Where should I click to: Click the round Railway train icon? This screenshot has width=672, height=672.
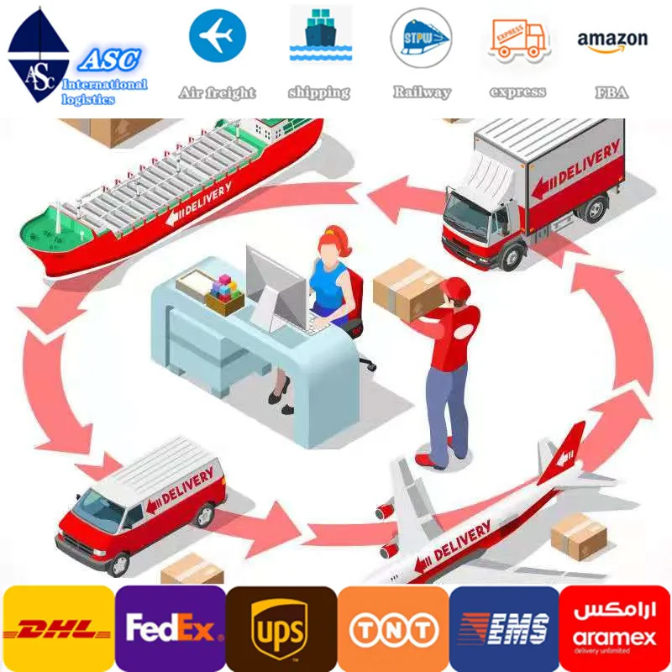421,38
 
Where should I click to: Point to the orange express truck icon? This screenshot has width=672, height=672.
518,38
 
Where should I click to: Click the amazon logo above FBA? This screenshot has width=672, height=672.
612,40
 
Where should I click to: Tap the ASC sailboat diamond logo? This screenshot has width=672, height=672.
38,55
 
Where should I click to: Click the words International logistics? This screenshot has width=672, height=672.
103,92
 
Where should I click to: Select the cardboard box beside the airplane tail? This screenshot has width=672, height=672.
579,535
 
